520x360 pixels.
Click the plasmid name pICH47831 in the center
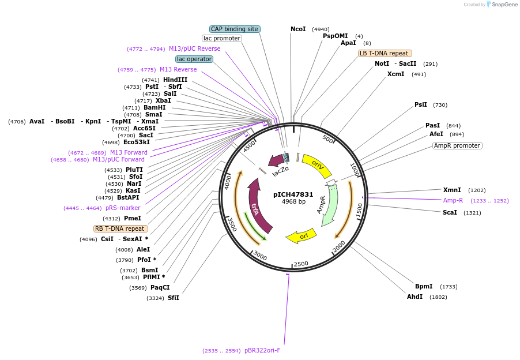[x=293, y=194]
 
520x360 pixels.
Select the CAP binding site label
[x=235, y=29]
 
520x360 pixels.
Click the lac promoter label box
[x=222, y=38]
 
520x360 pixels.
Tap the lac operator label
[x=194, y=59]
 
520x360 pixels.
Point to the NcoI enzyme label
[x=298, y=29]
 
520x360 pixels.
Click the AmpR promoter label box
[x=457, y=145]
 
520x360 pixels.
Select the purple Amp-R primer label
[x=453, y=200]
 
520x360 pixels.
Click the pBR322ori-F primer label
[x=262, y=350]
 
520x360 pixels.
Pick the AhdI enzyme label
[x=415, y=297]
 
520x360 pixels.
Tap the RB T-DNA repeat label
[x=120, y=228]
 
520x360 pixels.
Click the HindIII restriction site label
[x=175, y=80]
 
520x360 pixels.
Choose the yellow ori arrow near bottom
[x=302, y=236]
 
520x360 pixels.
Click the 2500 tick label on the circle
[x=301, y=264]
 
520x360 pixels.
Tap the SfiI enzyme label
[x=174, y=298]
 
